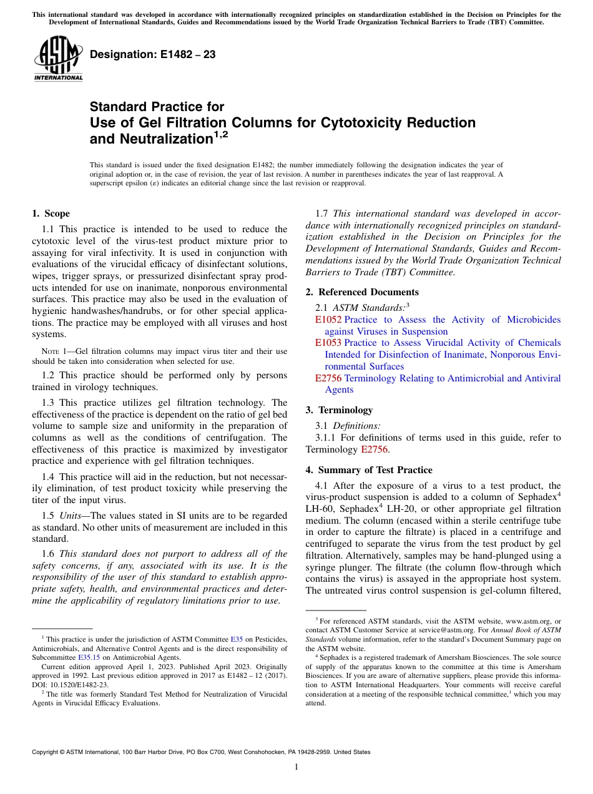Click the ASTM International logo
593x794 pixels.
click(x=58, y=59)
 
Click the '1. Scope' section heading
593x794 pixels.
click(x=51, y=213)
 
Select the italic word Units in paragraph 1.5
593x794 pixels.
click(x=72, y=516)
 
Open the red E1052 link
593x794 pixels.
click(x=328, y=320)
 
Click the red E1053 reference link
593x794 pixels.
click(x=328, y=343)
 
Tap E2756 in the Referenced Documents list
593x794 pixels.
click(x=328, y=378)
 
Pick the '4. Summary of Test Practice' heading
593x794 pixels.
click(x=369, y=470)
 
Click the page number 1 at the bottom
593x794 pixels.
click(x=296, y=767)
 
